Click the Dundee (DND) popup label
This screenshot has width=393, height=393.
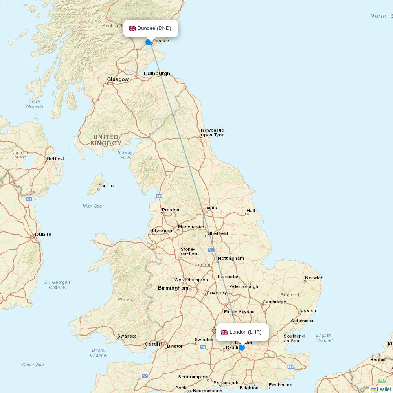[154, 28]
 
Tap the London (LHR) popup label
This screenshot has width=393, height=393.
[246, 332]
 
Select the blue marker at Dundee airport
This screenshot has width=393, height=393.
[149, 42]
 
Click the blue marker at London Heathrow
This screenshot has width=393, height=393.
[242, 347]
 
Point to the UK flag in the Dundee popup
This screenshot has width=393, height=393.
[132, 28]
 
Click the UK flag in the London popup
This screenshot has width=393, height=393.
[224, 332]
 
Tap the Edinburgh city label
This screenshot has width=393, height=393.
[157, 73]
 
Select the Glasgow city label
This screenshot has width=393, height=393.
[118, 79]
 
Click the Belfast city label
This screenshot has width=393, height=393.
[55, 159]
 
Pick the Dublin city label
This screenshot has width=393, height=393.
[43, 235]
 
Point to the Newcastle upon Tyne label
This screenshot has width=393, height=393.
[212, 132]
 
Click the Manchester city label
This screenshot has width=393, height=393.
[191, 227]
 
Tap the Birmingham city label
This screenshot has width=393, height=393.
[173, 288]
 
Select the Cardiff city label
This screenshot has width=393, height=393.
[153, 344]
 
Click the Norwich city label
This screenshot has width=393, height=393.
[314, 278]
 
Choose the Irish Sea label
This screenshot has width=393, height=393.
[92, 206]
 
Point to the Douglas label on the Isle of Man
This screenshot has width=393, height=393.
[106, 186]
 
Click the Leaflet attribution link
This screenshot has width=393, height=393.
[384, 389]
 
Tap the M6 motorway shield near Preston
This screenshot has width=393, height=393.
[159, 196]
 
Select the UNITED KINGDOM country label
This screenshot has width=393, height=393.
[106, 140]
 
